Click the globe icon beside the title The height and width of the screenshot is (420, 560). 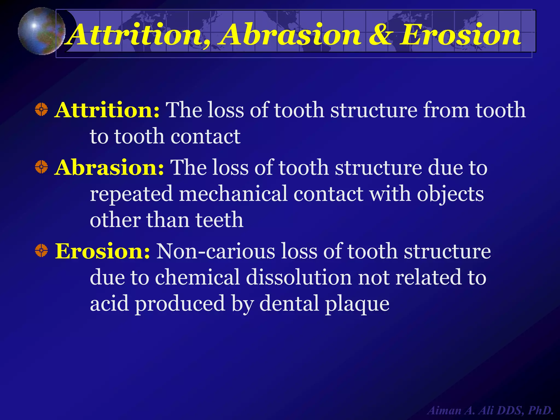pos(41,31)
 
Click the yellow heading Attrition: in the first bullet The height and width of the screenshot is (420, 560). pos(107,110)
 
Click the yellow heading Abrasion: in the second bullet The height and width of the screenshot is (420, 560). pos(109,167)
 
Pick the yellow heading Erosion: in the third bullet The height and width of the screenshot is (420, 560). pos(102,251)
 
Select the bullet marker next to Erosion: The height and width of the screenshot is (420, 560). pos(41,250)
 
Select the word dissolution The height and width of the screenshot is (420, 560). pos(299,277)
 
